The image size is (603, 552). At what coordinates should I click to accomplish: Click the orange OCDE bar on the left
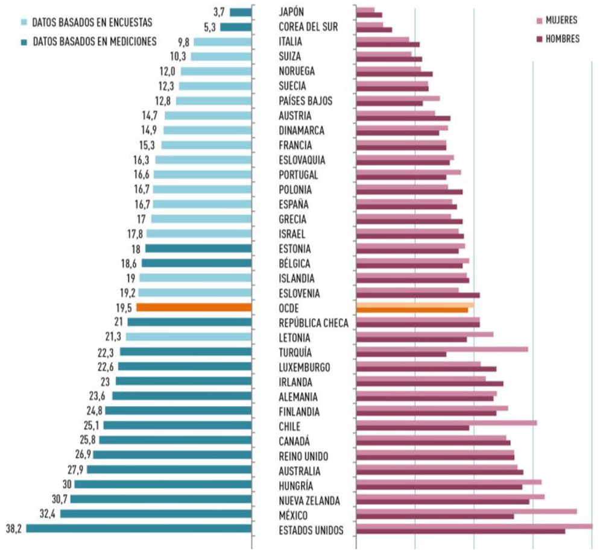pos(194,307)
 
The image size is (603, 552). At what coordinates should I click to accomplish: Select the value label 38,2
pos(14,528)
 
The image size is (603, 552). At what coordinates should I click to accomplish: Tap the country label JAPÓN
pos(292,11)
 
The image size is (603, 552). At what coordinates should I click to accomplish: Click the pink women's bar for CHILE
pos(446,423)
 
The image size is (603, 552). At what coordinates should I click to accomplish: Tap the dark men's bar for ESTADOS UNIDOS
pos(461,532)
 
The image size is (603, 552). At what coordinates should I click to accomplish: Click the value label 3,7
pos(219,11)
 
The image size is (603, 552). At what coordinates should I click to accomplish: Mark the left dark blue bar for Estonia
pos(198,248)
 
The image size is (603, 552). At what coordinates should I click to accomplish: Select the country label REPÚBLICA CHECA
pos(314,323)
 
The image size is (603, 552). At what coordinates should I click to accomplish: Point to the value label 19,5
pos(125,307)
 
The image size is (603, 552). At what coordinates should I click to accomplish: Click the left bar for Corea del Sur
pos(235,27)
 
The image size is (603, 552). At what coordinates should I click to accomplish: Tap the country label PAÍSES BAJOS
pos(306,101)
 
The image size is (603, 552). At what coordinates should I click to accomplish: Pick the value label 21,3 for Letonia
pos(115,336)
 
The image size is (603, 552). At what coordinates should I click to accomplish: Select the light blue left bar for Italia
pos(222,42)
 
